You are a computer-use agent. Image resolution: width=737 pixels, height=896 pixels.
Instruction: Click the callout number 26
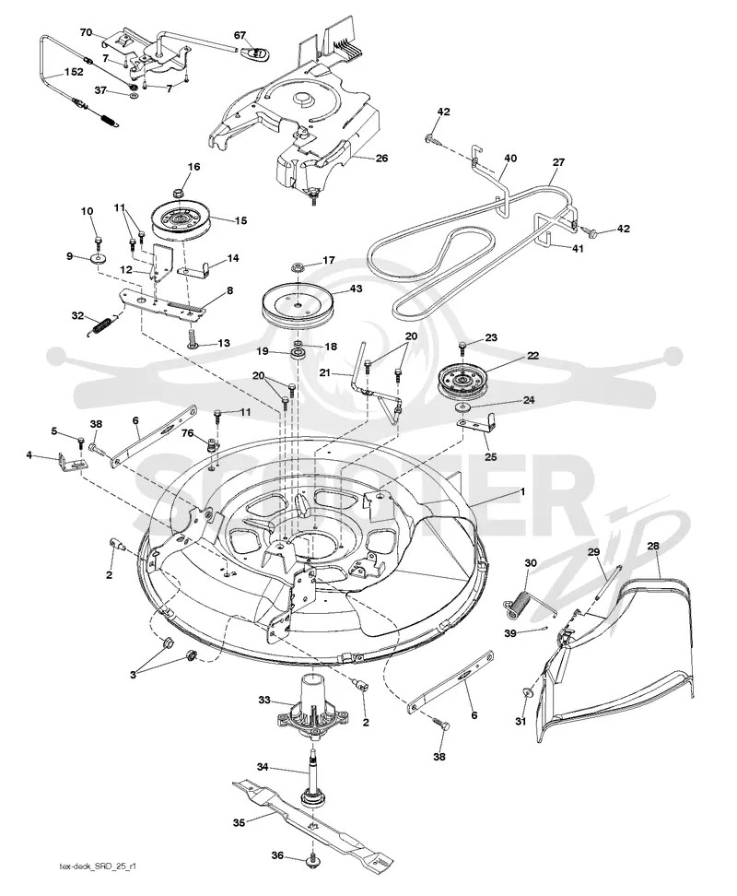[381, 158]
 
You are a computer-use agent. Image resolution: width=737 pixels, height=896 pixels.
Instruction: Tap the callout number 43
[356, 289]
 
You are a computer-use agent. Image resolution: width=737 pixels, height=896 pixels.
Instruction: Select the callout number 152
[74, 72]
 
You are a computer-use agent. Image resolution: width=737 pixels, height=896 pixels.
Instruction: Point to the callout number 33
[264, 700]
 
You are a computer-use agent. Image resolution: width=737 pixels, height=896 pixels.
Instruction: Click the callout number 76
[187, 433]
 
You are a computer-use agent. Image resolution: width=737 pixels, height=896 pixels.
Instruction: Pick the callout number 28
[653, 546]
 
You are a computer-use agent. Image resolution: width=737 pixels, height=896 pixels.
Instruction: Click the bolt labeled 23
[462, 347]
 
